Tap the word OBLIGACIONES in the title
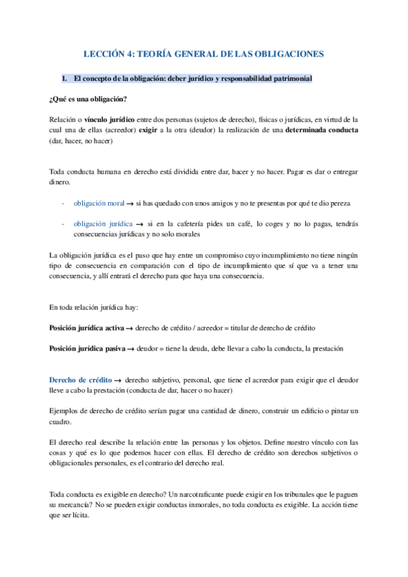(x=285, y=53)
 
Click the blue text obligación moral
(x=103, y=203)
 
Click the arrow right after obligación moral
(x=138, y=203)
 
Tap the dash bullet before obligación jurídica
(x=63, y=223)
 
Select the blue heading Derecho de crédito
(x=81, y=380)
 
